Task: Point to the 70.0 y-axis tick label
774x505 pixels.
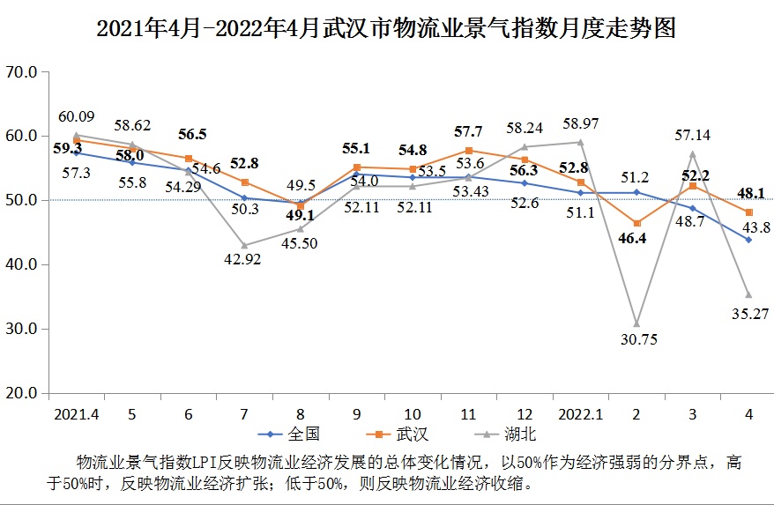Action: (20, 72)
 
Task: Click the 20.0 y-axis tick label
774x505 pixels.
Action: (20, 393)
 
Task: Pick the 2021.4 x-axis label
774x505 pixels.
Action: (76, 412)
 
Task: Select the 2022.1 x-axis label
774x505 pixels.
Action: (580, 412)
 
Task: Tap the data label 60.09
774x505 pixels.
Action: (76, 115)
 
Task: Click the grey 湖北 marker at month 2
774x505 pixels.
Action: (636, 324)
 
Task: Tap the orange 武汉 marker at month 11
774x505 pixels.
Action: (469, 151)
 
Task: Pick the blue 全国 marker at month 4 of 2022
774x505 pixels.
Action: (748, 240)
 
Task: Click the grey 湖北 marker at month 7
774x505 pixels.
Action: (244, 245)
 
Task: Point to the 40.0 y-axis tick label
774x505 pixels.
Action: (20, 264)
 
